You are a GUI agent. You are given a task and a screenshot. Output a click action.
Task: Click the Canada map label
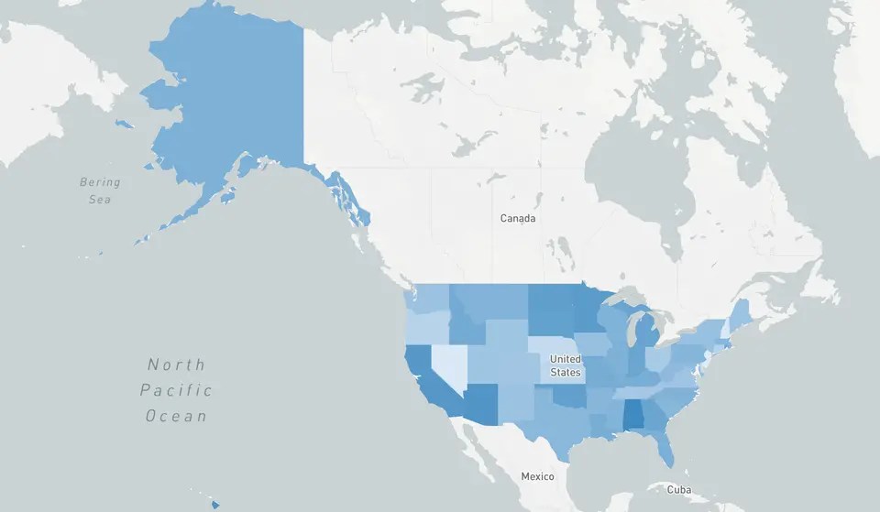(518, 219)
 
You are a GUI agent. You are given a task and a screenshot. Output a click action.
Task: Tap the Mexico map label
(537, 476)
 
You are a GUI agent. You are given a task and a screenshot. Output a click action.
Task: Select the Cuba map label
(678, 489)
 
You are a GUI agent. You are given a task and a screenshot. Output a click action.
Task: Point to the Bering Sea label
(100, 191)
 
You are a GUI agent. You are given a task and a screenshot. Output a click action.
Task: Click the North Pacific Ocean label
(176, 390)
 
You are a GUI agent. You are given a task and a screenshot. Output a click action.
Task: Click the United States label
(565, 365)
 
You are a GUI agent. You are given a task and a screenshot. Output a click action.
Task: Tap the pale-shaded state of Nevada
(446, 362)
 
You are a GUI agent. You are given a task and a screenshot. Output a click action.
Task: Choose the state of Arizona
(482, 403)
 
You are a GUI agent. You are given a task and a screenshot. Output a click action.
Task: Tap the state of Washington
(431, 298)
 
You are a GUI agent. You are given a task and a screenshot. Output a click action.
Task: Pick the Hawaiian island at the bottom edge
(215, 504)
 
